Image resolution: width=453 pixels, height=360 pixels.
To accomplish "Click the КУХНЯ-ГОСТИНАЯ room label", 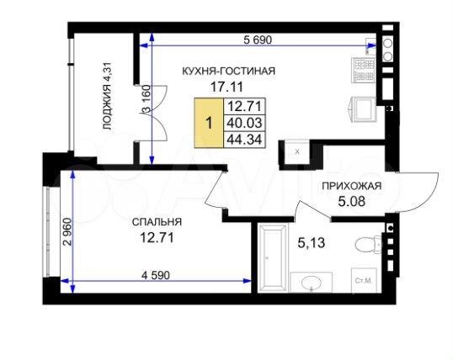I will tap(229, 71).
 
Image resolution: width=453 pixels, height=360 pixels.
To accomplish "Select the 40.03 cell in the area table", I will tap(242, 122).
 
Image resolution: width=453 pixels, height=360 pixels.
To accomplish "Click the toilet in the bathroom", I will tap(368, 245).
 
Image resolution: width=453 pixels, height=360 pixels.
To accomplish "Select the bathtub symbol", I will tap(272, 256).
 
